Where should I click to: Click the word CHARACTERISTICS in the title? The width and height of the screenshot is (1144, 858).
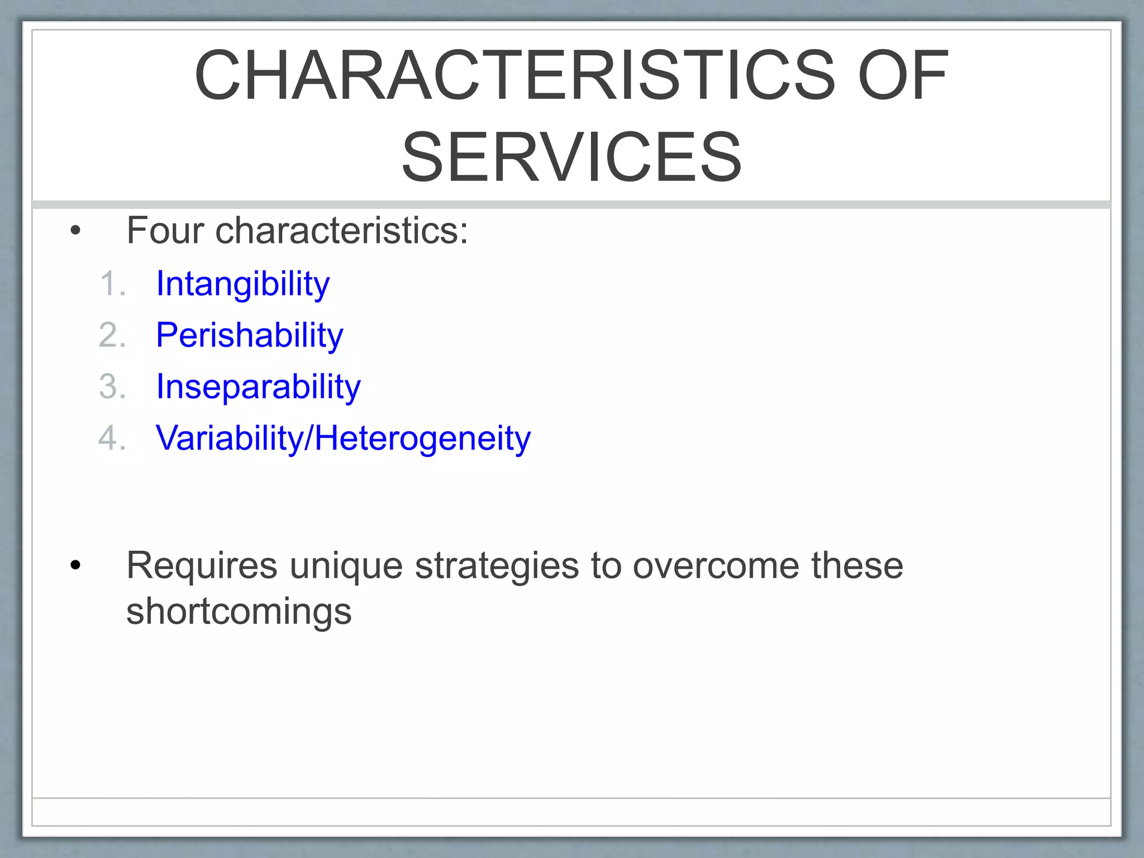(x=514, y=75)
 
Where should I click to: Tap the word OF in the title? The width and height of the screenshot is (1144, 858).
(x=903, y=75)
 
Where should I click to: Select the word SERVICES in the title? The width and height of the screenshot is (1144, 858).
(x=571, y=157)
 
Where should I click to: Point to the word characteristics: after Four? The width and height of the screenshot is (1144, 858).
(x=341, y=230)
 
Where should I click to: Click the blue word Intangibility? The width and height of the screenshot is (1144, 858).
(x=243, y=284)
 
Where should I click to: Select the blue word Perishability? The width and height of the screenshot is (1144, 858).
(x=249, y=335)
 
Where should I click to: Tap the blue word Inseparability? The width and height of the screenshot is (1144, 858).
(x=258, y=387)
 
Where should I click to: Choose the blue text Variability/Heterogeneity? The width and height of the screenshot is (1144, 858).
(x=343, y=438)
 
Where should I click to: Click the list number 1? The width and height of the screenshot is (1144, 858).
(x=111, y=284)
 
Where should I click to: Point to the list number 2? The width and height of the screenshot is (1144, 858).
(x=111, y=335)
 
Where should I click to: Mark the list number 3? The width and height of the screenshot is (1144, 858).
(x=111, y=387)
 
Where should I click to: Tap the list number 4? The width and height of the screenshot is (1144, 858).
(x=111, y=438)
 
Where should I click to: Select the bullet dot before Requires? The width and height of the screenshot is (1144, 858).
(x=75, y=566)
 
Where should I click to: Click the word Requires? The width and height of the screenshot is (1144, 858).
(x=202, y=565)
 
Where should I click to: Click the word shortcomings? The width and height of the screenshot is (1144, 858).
(x=239, y=612)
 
